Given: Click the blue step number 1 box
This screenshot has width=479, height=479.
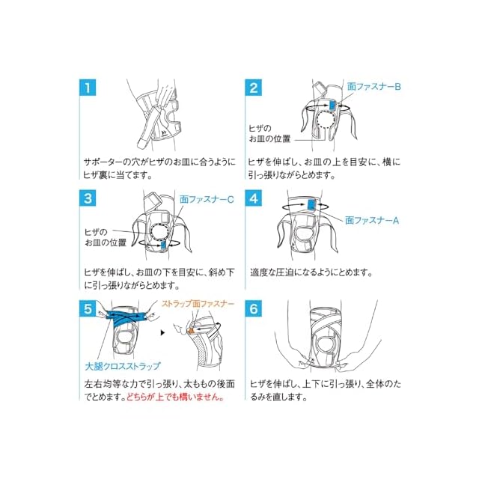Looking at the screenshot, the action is pyautogui.click(x=90, y=88).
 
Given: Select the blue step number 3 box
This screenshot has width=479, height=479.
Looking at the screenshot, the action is pyautogui.click(x=90, y=199).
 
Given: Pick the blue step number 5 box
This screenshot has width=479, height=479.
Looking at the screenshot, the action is pyautogui.click(x=90, y=308).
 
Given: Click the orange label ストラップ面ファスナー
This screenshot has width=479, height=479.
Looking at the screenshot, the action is pyautogui.click(x=198, y=303).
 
